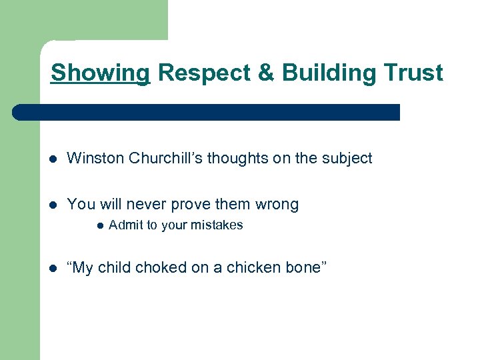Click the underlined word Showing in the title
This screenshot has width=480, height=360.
pyautogui.click(x=100, y=73)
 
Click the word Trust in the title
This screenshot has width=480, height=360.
pyautogui.click(x=413, y=73)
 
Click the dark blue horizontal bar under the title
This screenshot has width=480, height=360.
pyautogui.click(x=207, y=112)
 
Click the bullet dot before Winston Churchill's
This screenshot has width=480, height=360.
pyautogui.click(x=53, y=159)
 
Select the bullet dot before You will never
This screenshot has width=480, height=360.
pyautogui.click(x=53, y=205)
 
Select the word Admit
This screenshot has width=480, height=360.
pyautogui.click(x=124, y=225)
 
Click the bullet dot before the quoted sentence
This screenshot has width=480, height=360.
pyautogui.click(x=53, y=268)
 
